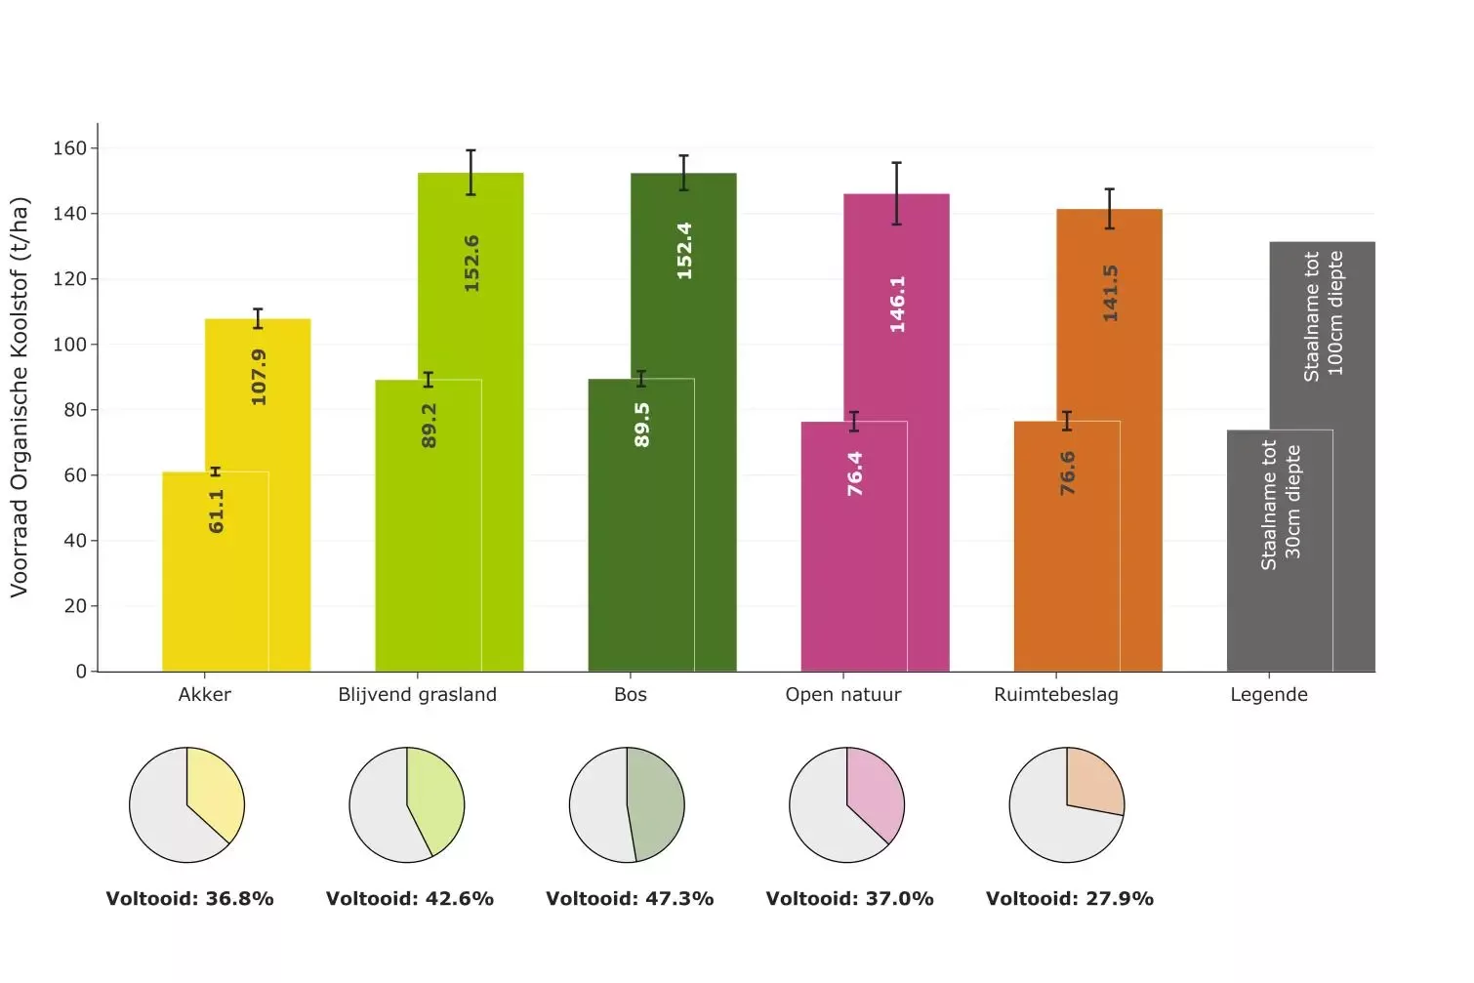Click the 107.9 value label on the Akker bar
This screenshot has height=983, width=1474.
(x=259, y=377)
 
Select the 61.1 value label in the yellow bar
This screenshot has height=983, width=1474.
(x=216, y=512)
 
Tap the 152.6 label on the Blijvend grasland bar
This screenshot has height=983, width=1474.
(x=471, y=264)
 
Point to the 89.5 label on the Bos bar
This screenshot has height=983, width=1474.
(x=641, y=425)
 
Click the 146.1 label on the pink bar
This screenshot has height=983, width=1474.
(x=897, y=304)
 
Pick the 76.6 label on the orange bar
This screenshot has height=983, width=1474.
(x=1067, y=472)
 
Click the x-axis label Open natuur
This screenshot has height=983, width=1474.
(x=842, y=695)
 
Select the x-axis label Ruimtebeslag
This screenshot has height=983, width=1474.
(x=1055, y=695)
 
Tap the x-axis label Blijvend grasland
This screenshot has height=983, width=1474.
(x=417, y=695)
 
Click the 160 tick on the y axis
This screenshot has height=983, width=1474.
(x=69, y=148)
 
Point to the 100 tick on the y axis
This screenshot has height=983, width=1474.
(x=69, y=345)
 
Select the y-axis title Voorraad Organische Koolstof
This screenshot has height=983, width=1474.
(x=20, y=397)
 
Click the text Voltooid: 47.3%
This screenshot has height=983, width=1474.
(x=630, y=899)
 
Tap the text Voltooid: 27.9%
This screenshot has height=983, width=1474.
(x=1069, y=899)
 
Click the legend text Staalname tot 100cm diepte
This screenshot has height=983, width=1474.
(x=1323, y=315)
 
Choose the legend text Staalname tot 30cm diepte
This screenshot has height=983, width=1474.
(x=1280, y=505)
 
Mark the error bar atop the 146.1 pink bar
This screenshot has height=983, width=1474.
(x=896, y=193)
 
